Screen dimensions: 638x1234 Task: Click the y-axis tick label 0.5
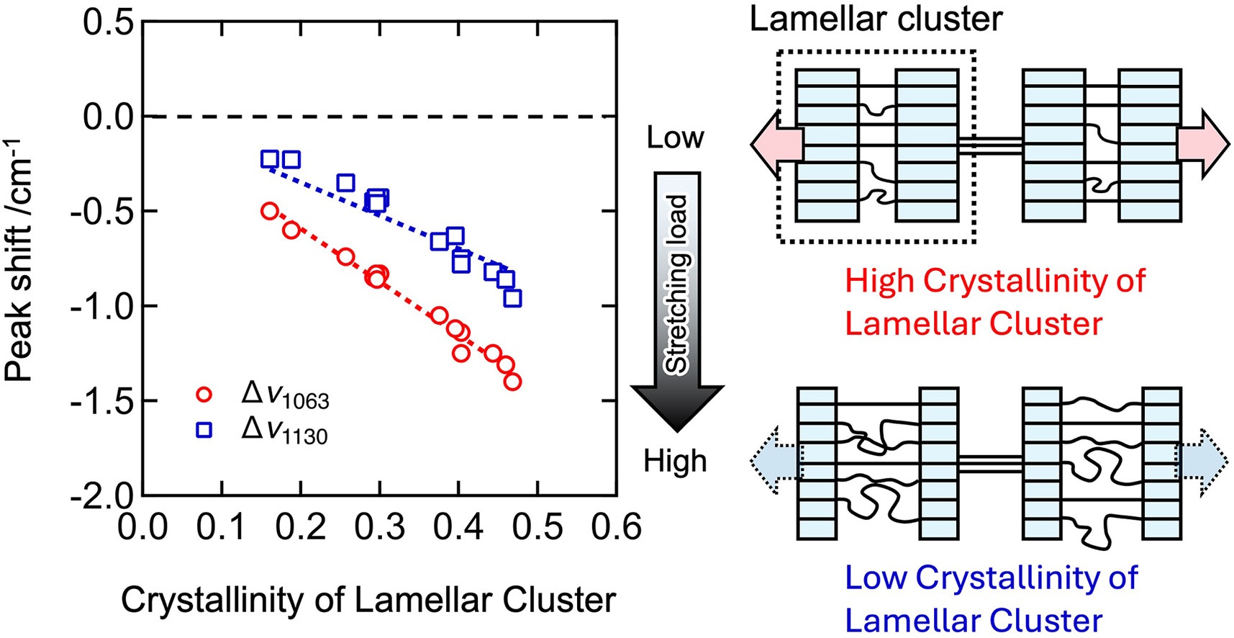pos(108,22)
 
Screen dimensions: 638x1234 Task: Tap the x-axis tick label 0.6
pos(616,527)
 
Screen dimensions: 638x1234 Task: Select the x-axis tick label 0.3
pos(379,527)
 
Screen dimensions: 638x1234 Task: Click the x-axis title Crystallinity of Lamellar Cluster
pos(368,600)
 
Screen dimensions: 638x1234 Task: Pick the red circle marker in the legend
pos(204,395)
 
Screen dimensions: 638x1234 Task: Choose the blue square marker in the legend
pos(204,430)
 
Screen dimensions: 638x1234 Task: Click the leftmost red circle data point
pos(270,211)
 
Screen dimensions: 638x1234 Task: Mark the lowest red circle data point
pos(512,382)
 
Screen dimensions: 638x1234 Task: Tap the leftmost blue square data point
pos(270,159)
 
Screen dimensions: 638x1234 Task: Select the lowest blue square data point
pos(512,298)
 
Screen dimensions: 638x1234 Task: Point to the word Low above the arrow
pos(675,138)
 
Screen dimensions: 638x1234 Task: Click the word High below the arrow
pos(675,461)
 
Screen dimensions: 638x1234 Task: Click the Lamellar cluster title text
pos(876,19)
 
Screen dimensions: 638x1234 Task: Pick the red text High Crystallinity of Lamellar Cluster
pos(994,302)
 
